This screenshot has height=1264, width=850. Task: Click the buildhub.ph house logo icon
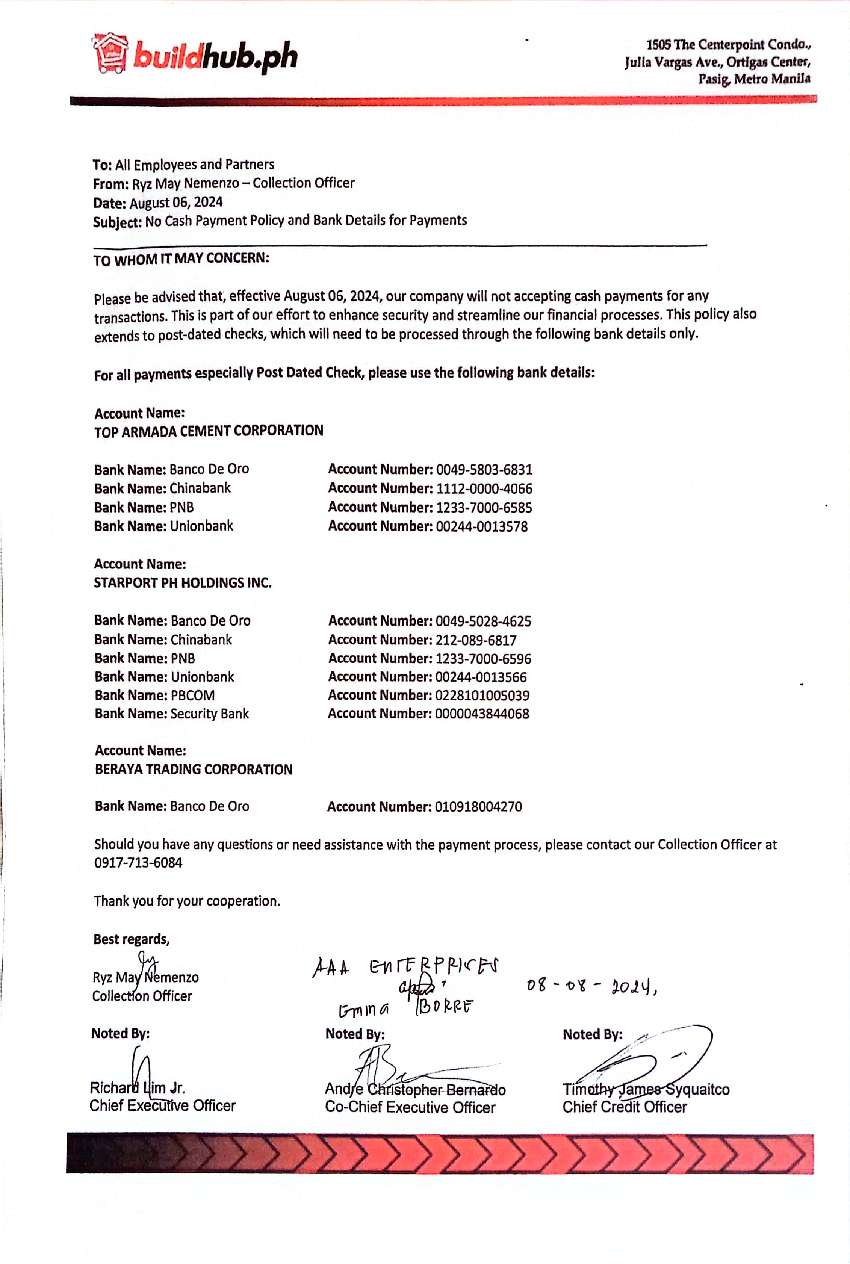point(110,53)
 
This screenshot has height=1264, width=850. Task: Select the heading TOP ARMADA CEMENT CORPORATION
point(209,431)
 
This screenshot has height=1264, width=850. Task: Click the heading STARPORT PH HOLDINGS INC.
point(183,583)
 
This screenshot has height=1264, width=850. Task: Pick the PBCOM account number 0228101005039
point(482,696)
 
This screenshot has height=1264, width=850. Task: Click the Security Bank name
point(209,714)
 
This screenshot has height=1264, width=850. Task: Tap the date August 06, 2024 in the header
point(175,203)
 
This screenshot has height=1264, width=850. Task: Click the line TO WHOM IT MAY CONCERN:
point(181,259)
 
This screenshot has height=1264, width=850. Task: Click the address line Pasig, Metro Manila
point(754,79)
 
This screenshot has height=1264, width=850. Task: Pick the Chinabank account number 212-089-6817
point(475,640)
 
